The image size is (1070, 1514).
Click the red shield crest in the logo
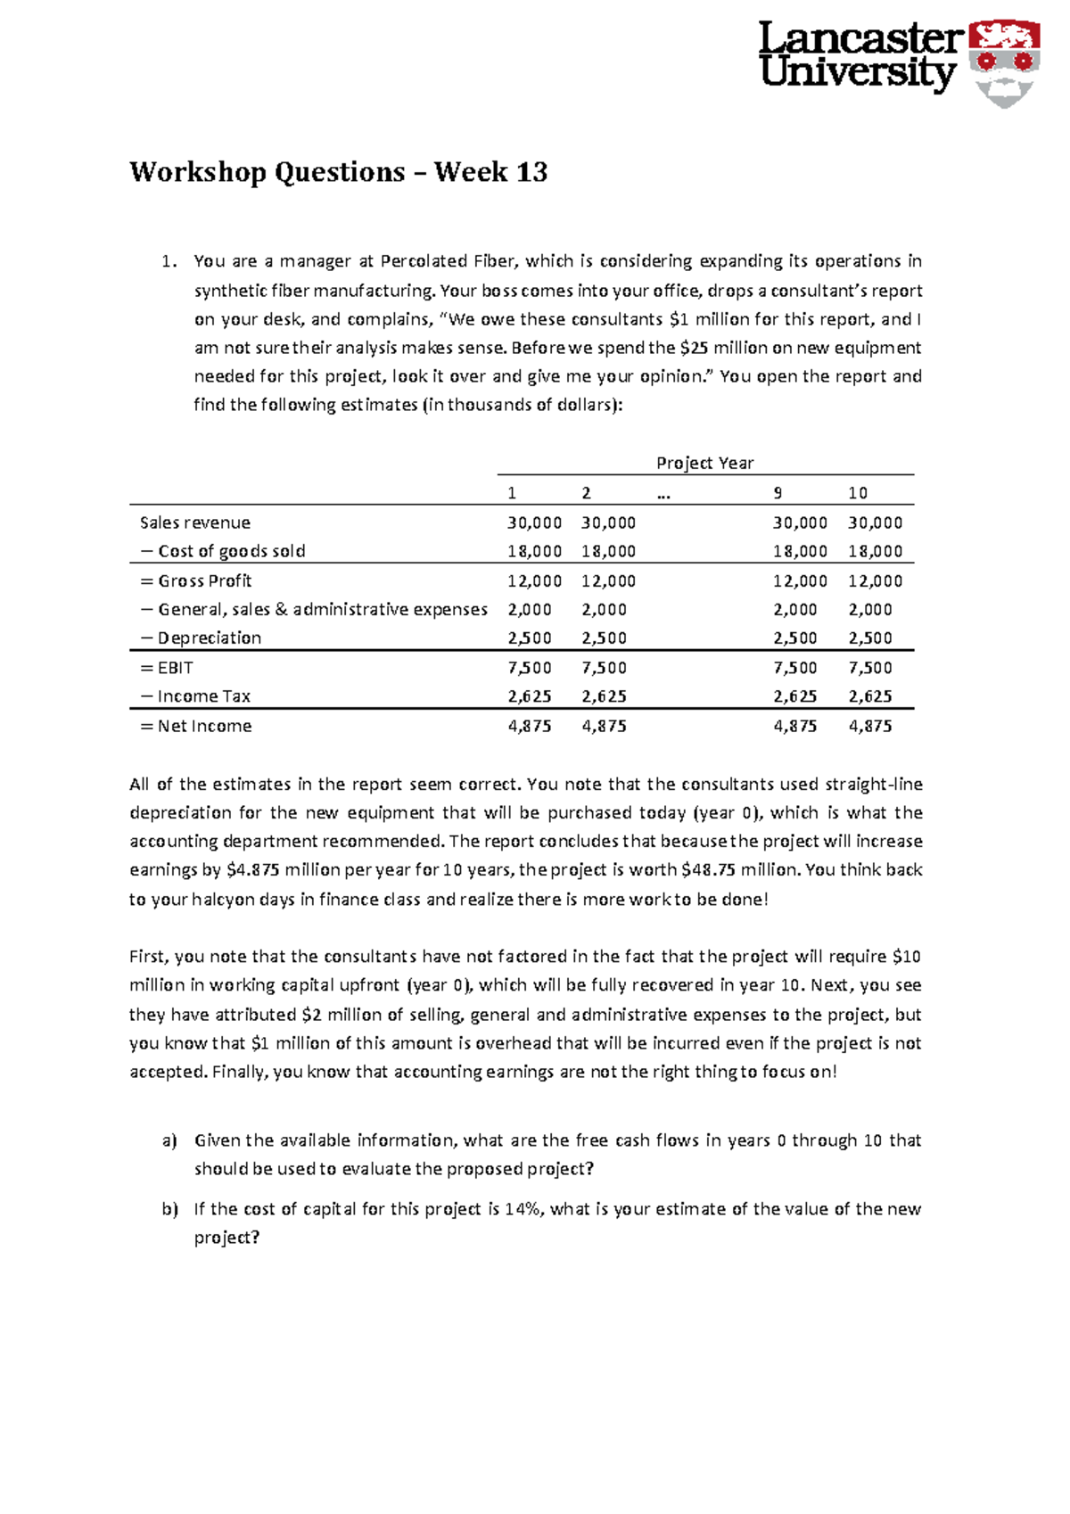tap(1004, 61)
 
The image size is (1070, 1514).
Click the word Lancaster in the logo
tap(860, 38)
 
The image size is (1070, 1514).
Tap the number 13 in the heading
tap(531, 171)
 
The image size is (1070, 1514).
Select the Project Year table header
tap(704, 463)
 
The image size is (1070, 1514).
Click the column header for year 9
tap(778, 493)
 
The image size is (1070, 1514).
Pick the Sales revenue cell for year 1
tap(534, 522)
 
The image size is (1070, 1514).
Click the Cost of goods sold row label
tap(223, 551)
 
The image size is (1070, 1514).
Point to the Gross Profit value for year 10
tap(875, 580)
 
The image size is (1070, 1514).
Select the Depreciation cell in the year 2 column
tap(604, 638)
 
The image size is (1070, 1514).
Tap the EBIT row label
tap(167, 667)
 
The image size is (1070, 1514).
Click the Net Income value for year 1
tap(530, 726)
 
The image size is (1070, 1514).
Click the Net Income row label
tap(196, 726)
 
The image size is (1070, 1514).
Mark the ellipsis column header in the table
tap(663, 493)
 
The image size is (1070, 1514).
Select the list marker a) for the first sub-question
tap(169, 1140)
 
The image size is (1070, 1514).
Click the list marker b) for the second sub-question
tap(169, 1209)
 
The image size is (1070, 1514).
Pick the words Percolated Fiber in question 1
tap(448, 261)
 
